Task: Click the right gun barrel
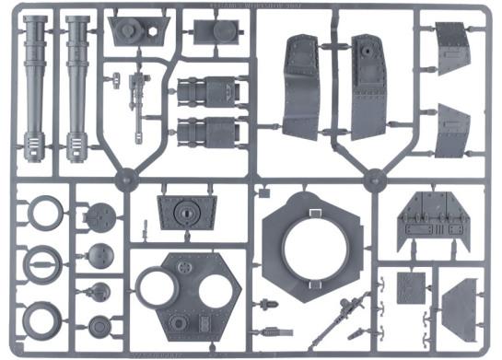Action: [x=79, y=78]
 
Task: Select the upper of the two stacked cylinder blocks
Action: [x=206, y=93]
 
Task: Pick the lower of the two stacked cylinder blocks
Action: [x=206, y=131]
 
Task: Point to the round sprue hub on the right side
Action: [x=374, y=180]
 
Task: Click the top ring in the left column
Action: [x=43, y=214]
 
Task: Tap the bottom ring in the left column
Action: [x=43, y=318]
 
